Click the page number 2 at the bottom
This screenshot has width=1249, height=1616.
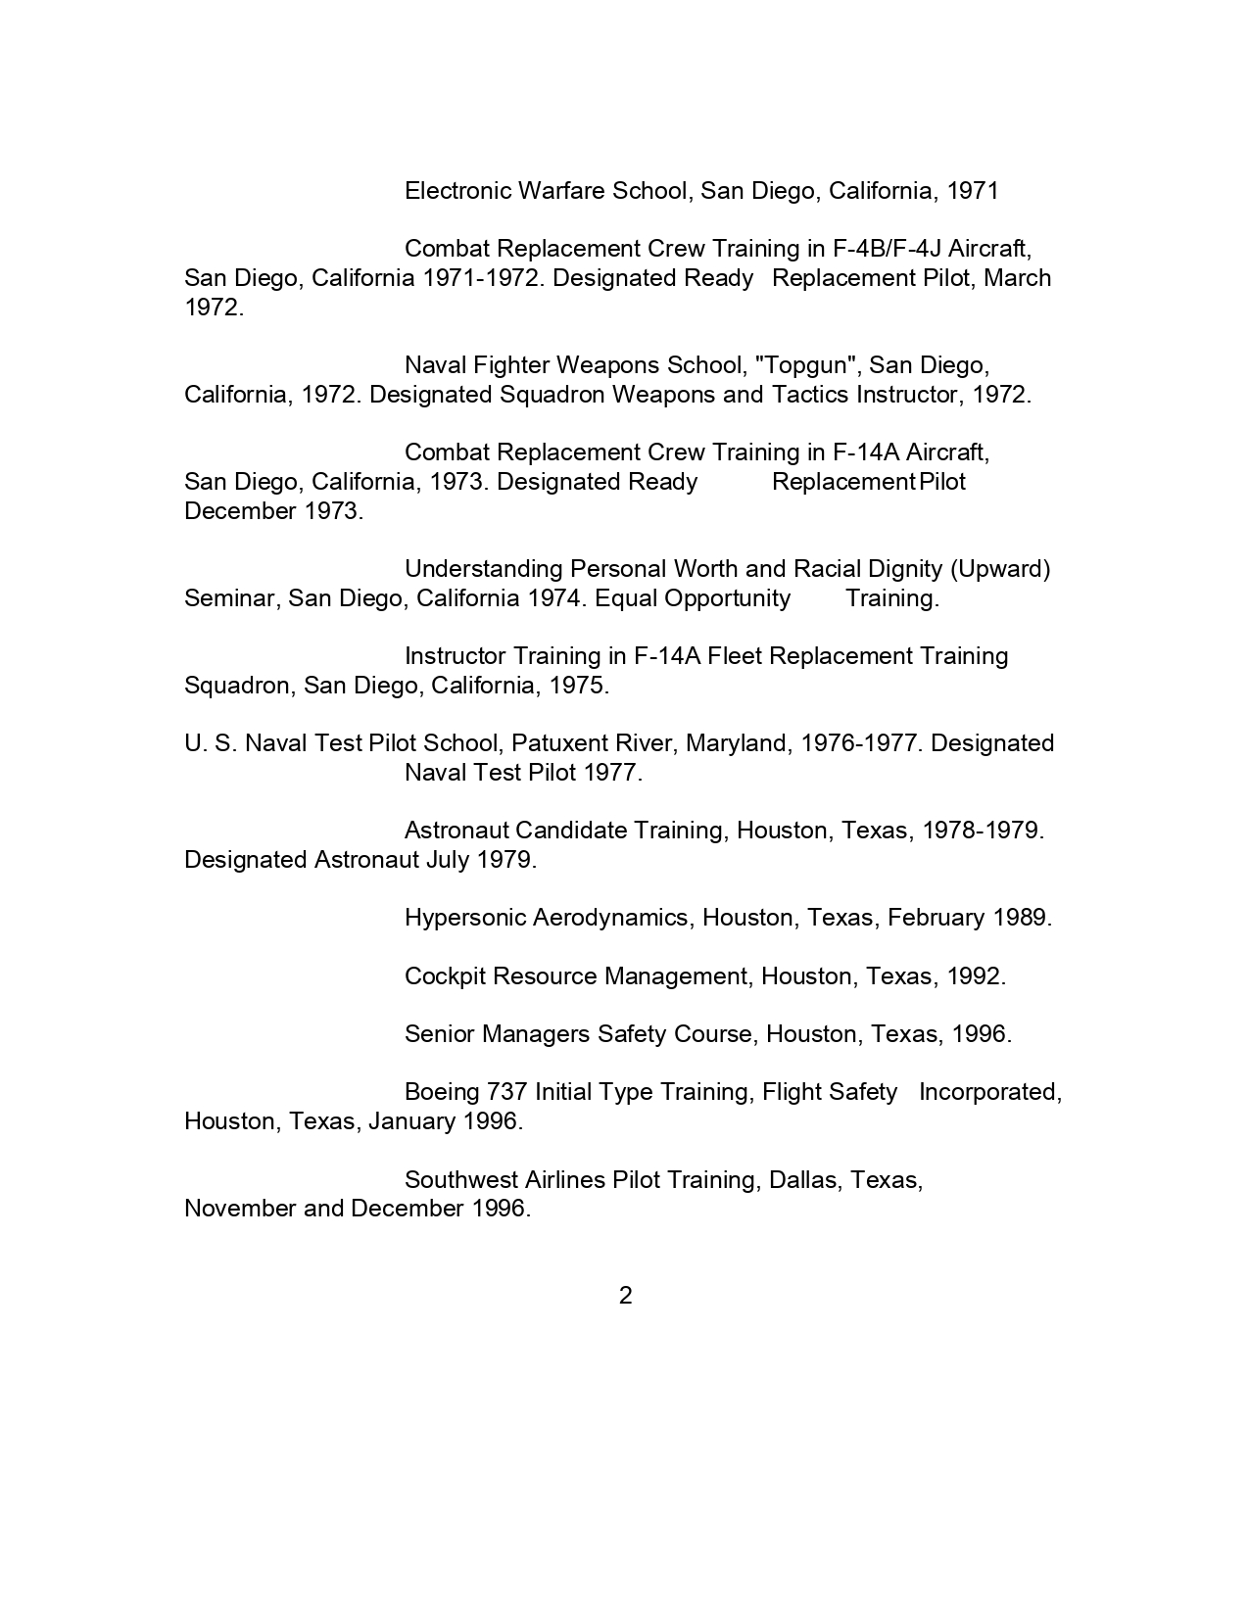coord(625,1296)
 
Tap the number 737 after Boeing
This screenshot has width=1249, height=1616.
coord(506,1092)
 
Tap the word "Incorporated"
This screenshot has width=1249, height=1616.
coord(989,1092)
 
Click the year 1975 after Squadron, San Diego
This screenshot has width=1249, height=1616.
coord(579,686)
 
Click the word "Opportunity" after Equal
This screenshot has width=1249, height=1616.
coord(727,598)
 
